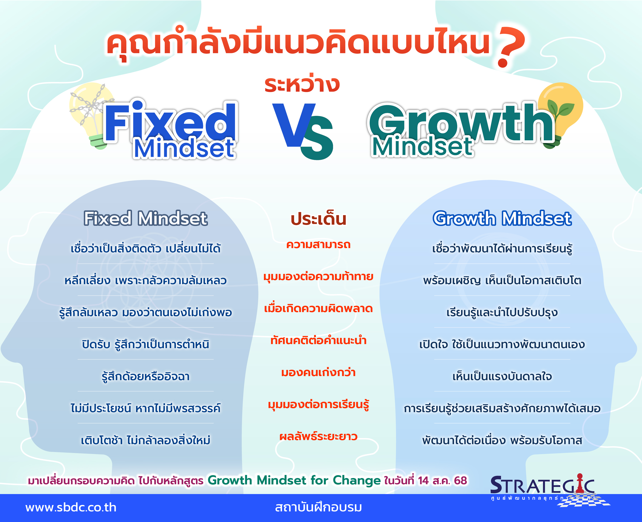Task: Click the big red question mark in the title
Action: tap(511, 47)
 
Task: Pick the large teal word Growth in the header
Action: tap(461, 123)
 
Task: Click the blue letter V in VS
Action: tap(293, 125)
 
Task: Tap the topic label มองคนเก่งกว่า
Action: tap(318, 373)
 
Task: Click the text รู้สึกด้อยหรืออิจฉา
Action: tap(146, 376)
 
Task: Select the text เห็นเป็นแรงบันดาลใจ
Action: tap(502, 376)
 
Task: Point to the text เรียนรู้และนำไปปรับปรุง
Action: tap(502, 312)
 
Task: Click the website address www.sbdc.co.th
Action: tap(71, 508)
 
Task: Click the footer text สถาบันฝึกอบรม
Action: tap(318, 507)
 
